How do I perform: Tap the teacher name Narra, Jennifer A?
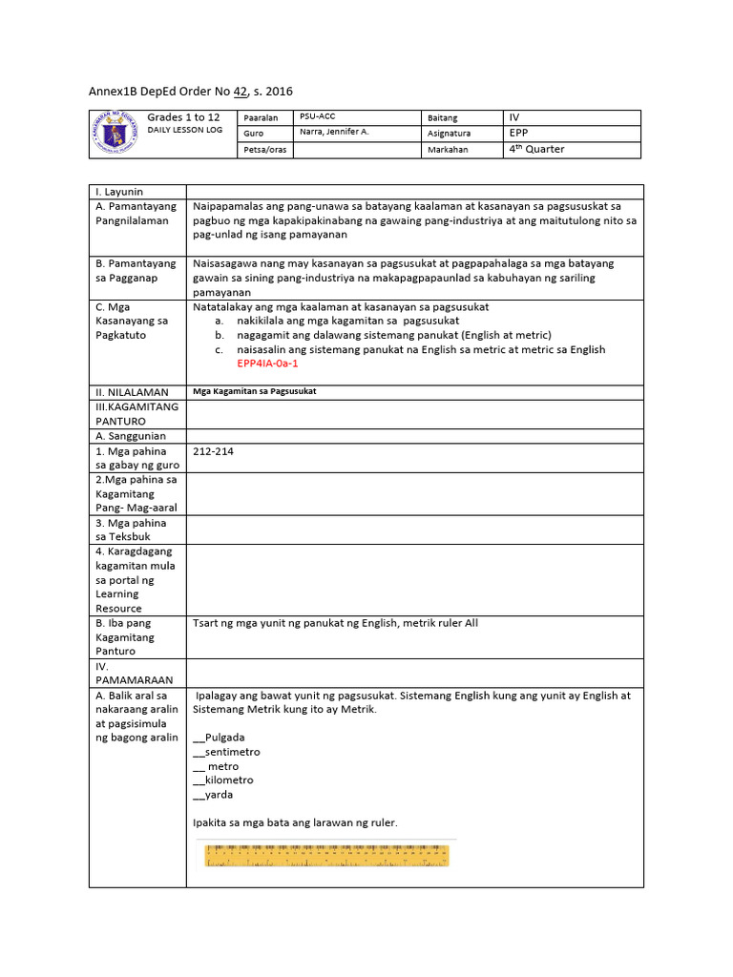[x=333, y=133]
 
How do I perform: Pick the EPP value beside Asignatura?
[x=520, y=134]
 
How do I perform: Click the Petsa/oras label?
[x=265, y=150]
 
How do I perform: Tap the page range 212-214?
[x=213, y=451]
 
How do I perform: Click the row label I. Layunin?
[x=119, y=192]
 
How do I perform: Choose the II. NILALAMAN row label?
[x=132, y=392]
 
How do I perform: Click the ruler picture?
[x=326, y=854]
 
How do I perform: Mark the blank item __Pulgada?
[x=219, y=738]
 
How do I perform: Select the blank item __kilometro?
[x=222, y=780]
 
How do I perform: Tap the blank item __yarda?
[x=212, y=794]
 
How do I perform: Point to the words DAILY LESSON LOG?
[x=185, y=129]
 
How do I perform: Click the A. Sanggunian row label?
[x=130, y=436]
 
